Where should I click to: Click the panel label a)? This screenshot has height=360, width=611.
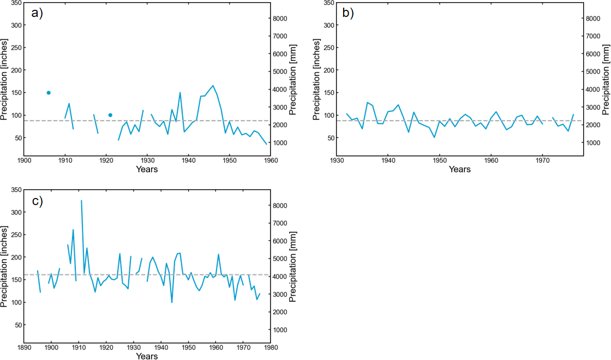(37, 13)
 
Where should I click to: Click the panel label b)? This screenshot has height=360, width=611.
(348, 13)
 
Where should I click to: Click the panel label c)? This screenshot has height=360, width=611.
(37, 201)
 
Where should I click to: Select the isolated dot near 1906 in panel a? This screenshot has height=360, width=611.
(49, 93)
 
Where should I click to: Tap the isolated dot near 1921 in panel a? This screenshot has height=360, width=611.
(110, 115)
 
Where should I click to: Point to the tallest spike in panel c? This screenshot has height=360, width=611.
(81, 201)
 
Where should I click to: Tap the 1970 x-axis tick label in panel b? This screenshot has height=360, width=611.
(542, 161)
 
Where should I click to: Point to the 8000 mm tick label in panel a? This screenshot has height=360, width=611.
(280, 19)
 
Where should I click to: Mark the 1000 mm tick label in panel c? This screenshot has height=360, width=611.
(280, 330)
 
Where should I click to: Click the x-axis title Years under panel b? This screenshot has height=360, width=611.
(459, 170)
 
